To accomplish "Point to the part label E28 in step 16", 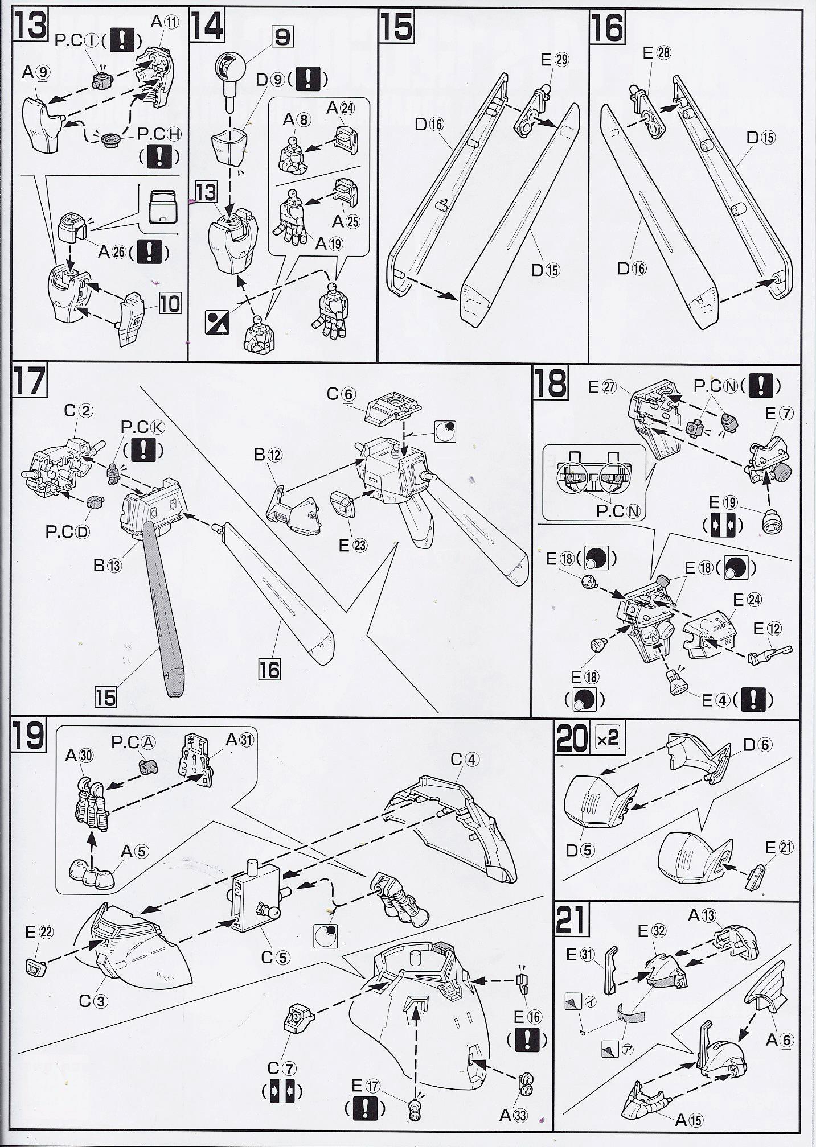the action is point(656,53).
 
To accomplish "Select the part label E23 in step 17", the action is point(353,545).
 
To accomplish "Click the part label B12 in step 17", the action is point(268,455).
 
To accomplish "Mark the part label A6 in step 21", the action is point(779,1041).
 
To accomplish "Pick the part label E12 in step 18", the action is point(767,629).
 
